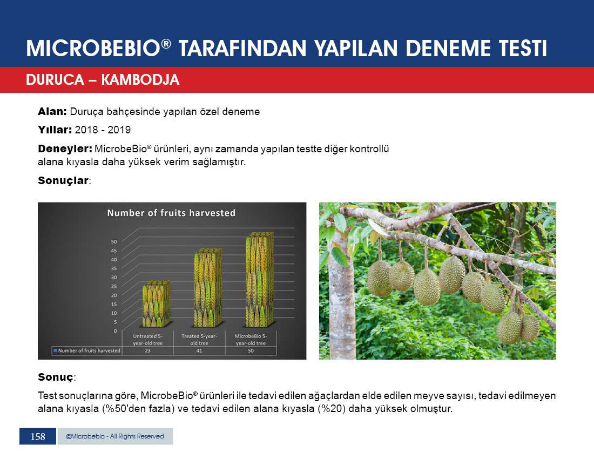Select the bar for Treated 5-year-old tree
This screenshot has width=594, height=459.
(x=208, y=288)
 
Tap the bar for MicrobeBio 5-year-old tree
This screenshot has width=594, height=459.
(x=260, y=280)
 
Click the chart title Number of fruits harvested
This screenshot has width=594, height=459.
(x=171, y=213)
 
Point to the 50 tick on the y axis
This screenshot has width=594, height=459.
(x=113, y=241)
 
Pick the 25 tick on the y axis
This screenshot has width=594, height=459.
(x=113, y=286)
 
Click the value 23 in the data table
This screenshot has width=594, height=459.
(x=148, y=350)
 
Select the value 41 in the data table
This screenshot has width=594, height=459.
(x=199, y=350)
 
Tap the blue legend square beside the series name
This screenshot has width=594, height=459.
(x=55, y=350)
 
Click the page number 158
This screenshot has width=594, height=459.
(x=38, y=437)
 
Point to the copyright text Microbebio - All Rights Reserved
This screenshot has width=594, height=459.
(x=115, y=436)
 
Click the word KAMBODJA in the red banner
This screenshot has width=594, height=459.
(x=140, y=80)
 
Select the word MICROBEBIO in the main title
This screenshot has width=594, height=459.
(x=93, y=49)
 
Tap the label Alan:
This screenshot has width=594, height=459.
(x=52, y=112)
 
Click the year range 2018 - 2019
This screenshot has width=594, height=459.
(x=103, y=130)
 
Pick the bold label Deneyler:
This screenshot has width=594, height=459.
(x=65, y=149)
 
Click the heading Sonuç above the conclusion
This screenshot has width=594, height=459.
(x=56, y=377)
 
